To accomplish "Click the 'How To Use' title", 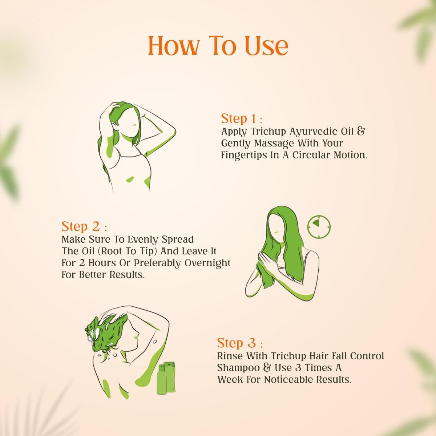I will [218, 46].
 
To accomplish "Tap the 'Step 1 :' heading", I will [241, 119].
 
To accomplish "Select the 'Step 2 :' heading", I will [84, 226].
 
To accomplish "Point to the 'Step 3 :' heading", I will [240, 343].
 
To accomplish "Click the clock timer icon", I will [319, 227].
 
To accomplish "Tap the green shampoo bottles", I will [166, 378].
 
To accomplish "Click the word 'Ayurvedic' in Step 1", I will [316, 131].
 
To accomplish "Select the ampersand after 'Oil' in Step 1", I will [360, 131].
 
